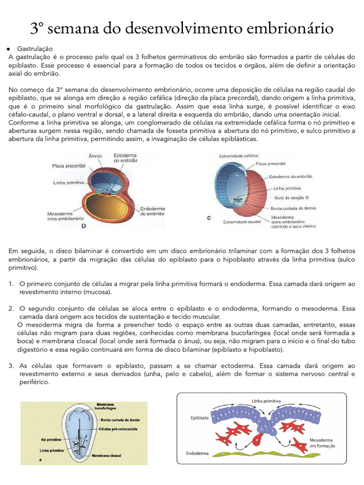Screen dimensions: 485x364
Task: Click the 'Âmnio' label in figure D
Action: tap(95, 156)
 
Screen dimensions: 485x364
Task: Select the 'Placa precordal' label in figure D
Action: tap(69, 166)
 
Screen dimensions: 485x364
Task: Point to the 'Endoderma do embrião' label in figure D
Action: tap(152, 211)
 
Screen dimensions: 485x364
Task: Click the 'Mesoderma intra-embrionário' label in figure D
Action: tap(65, 216)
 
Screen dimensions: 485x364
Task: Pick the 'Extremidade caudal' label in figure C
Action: tap(242, 221)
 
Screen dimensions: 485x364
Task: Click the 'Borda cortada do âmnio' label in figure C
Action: tap(293, 208)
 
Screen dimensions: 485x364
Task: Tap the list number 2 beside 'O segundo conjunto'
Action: tap(11, 308)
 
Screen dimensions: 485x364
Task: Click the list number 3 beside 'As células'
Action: tap(11, 366)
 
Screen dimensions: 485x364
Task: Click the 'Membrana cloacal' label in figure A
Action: tap(107, 455)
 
